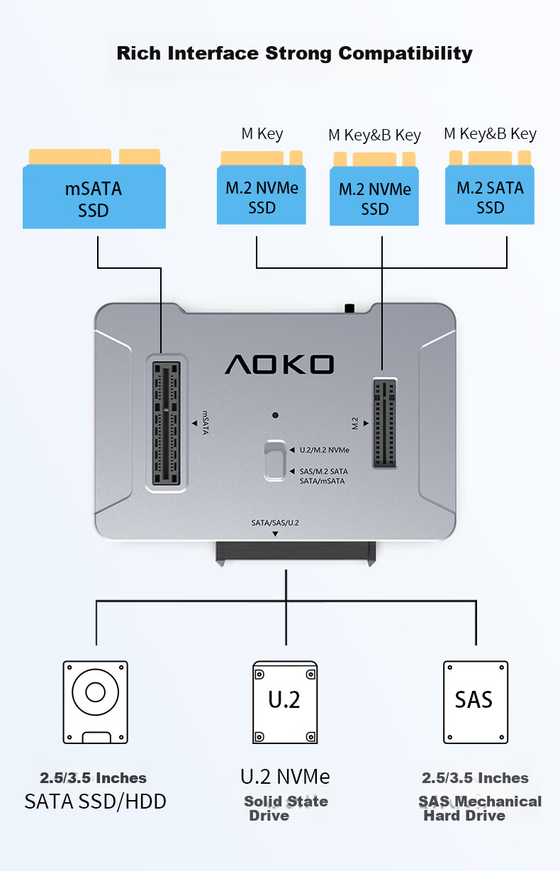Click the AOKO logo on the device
coord(279,365)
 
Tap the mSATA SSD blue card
coord(94,189)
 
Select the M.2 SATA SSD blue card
coord(490,187)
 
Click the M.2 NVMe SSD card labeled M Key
coord(261,187)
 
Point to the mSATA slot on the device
coord(167,423)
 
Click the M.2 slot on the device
coord(385,423)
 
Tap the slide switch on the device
coord(275,460)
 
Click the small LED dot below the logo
coord(275,415)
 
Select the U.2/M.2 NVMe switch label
coord(324,450)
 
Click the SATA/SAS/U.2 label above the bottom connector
coord(275,523)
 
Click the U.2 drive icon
coord(285,702)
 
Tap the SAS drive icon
coord(476,702)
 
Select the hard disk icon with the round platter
coord(96,702)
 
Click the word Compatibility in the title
coord(405,54)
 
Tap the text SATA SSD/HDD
coord(96,801)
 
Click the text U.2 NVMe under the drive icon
coord(285,777)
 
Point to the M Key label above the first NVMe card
coord(262,134)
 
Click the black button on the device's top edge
coord(349,309)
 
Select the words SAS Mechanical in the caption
coord(480,801)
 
